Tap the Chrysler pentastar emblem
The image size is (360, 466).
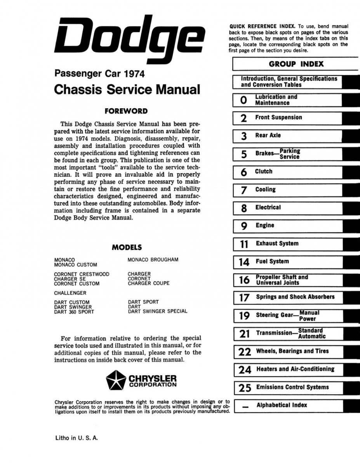[115, 380]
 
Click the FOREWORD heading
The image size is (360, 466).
[128, 111]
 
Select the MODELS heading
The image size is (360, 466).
[127, 247]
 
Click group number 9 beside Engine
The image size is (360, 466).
[244, 226]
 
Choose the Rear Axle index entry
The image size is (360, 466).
[268, 136]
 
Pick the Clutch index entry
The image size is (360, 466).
[264, 172]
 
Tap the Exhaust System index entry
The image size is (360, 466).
[277, 244]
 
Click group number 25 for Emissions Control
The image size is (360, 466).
[245, 388]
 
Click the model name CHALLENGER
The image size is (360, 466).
[70, 293]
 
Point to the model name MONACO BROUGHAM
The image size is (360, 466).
[153, 260]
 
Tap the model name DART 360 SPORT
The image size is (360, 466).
[74, 312]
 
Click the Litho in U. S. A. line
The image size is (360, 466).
[77, 438]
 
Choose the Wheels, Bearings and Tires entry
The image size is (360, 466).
[292, 351]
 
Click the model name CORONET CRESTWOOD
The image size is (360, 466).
[82, 274]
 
